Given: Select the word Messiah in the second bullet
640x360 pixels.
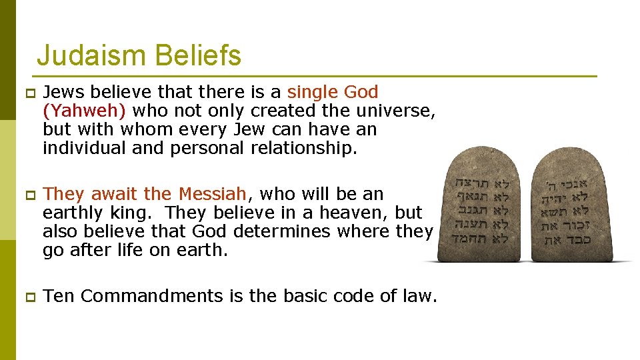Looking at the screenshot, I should coord(211,194).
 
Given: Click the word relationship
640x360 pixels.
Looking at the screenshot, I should coord(304,148).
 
